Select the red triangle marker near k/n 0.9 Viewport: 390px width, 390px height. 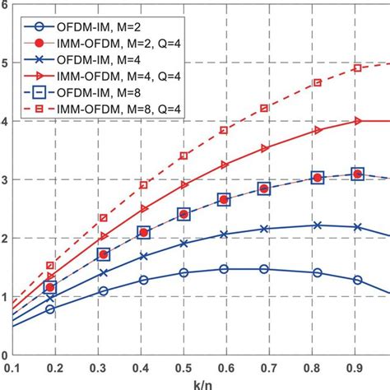pyautogui.click(x=357, y=121)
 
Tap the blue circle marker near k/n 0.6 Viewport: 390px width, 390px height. pyautogui.click(x=225, y=269)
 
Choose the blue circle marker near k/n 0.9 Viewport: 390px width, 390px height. pyautogui.click(x=357, y=280)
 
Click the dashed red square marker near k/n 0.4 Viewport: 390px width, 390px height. pyautogui.click(x=143, y=185)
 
